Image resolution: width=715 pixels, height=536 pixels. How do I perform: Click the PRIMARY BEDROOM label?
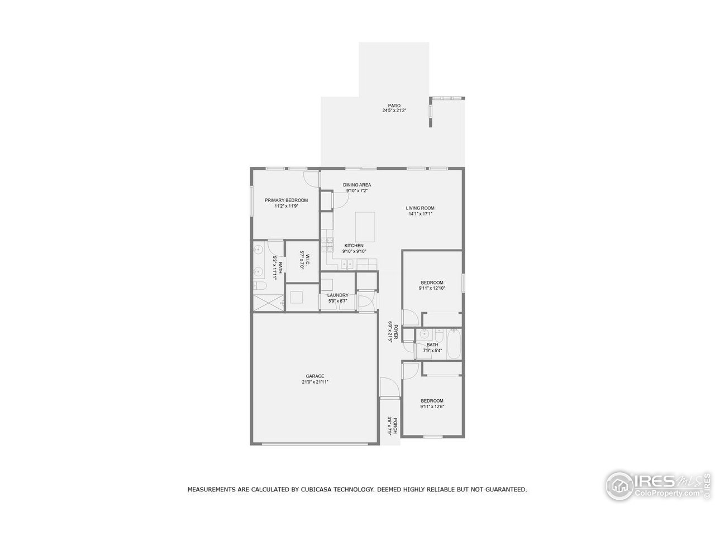tap(286, 200)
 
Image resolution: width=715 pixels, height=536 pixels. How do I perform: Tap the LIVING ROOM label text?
tap(420, 208)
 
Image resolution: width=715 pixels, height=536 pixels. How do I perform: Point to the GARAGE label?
tap(314, 376)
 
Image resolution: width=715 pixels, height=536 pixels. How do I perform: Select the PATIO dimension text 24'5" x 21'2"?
tap(394, 111)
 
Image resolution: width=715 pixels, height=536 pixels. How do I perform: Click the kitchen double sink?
tap(347, 265)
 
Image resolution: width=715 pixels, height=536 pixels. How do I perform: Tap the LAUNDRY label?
tap(338, 295)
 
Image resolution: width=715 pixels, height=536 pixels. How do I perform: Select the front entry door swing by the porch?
tap(388, 387)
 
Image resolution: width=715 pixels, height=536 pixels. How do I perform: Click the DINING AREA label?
tap(357, 185)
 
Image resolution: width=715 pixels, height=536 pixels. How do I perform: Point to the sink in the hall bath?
tap(424, 335)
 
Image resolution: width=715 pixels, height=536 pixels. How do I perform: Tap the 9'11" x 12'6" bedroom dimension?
tap(432, 406)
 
